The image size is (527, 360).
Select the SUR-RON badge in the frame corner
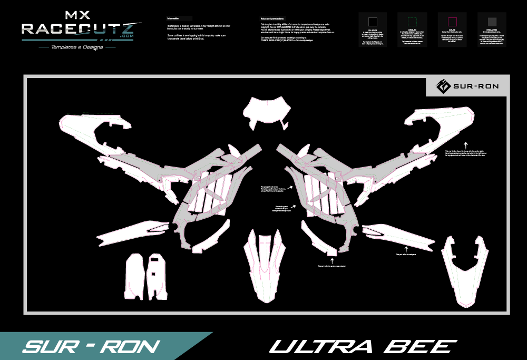[467, 86]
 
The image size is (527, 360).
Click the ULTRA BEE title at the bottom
[363, 346]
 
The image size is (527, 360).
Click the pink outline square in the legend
[452, 22]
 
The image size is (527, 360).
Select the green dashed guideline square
[413, 22]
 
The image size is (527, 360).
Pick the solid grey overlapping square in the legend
[492, 22]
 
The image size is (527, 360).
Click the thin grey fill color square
[373, 22]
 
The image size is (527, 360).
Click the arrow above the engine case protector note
[330, 259]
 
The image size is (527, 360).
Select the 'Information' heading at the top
[173, 18]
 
